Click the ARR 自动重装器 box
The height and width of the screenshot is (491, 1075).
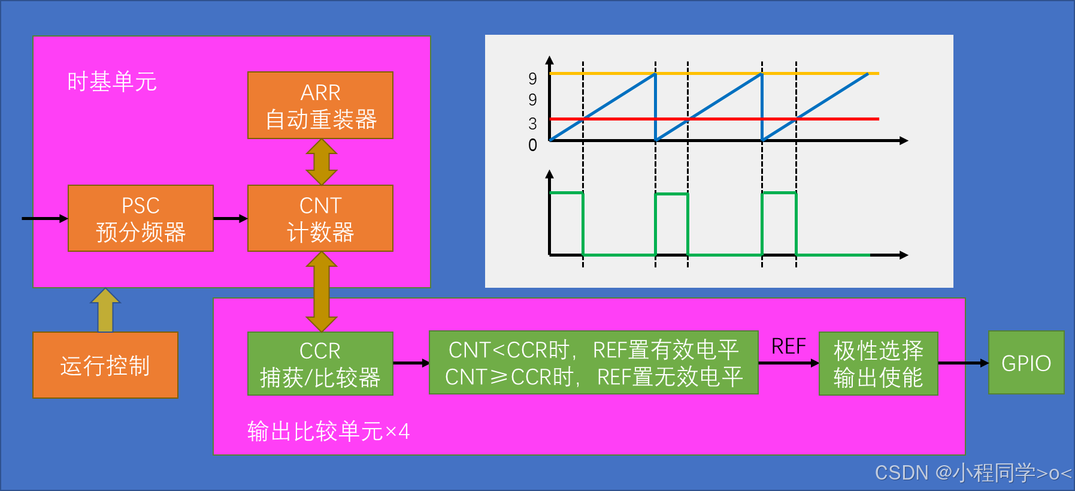320,106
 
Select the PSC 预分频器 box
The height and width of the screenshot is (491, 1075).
141,218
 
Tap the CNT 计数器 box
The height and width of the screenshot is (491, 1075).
320,218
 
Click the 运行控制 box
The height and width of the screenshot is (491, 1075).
105,365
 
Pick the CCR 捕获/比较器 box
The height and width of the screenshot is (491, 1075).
320,364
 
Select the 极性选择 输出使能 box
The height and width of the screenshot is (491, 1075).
878,364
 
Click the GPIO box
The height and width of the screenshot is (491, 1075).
1026,363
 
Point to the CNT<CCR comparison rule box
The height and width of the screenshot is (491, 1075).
593,363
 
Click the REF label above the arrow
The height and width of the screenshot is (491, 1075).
788,347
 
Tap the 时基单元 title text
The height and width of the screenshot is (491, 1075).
112,82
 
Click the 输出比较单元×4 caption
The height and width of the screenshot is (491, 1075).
328,431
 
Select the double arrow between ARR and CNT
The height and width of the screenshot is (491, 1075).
322,162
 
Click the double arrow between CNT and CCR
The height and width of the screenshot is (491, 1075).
322,291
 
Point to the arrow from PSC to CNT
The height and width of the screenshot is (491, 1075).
231,218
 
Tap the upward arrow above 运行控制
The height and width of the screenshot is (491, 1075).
105,310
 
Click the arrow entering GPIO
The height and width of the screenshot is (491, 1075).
963,363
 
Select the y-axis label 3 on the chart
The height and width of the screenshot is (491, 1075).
532,124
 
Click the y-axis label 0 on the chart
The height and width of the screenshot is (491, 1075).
532,145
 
